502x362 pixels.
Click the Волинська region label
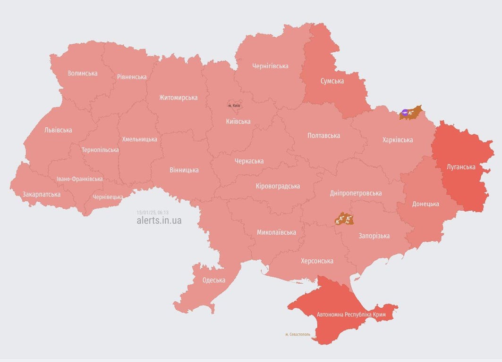pos(83,73)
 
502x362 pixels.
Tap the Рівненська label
pos(132,77)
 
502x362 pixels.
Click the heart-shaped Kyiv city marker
pos(234,105)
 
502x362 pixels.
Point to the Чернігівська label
pos(270,66)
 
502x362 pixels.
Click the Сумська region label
pos(332,81)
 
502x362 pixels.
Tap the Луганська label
pos(461,167)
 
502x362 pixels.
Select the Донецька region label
pos(425,204)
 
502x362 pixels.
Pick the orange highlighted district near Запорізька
pos(344,219)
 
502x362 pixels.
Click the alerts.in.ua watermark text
pos(159,220)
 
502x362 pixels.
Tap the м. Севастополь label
pos(298,334)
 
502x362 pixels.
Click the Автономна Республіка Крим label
pos(351,314)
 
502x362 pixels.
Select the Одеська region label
pos(214,280)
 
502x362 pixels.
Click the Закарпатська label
pos(42,194)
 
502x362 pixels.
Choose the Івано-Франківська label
pos(79,179)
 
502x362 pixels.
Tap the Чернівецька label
pos(108,197)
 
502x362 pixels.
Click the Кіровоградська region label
pos(278,186)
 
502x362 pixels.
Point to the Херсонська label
pos(317,261)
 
